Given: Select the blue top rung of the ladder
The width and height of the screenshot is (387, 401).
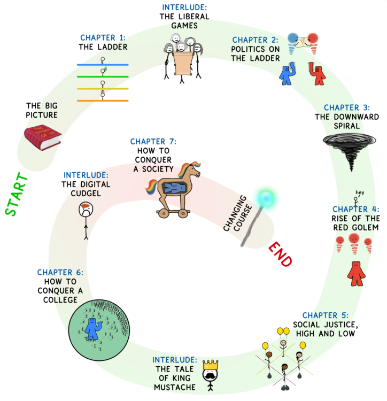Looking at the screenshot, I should click(103, 64).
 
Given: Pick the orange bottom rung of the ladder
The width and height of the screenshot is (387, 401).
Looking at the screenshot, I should click(103, 101).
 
